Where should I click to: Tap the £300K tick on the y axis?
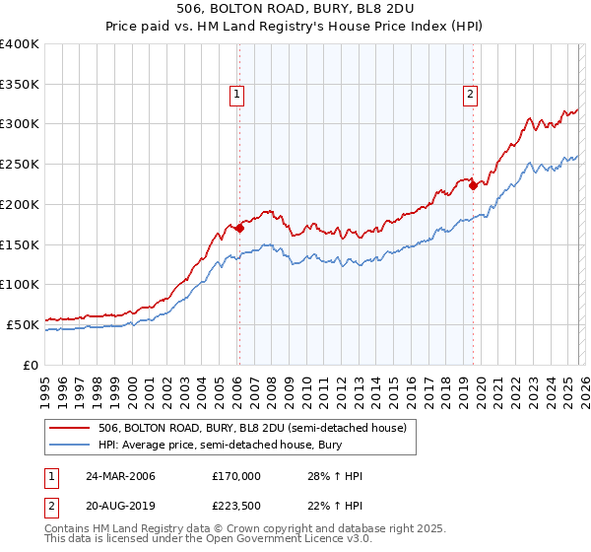tap(20, 124)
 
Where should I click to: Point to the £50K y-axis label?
tap(22, 324)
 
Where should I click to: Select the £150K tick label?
tap(20, 244)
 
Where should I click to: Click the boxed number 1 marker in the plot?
tap(237, 95)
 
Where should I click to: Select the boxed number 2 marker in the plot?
tap(470, 95)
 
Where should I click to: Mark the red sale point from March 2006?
tap(239, 228)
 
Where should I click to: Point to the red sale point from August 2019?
tap(473, 184)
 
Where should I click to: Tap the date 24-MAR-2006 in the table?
tap(120, 476)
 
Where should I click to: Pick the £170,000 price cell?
tap(236, 476)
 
